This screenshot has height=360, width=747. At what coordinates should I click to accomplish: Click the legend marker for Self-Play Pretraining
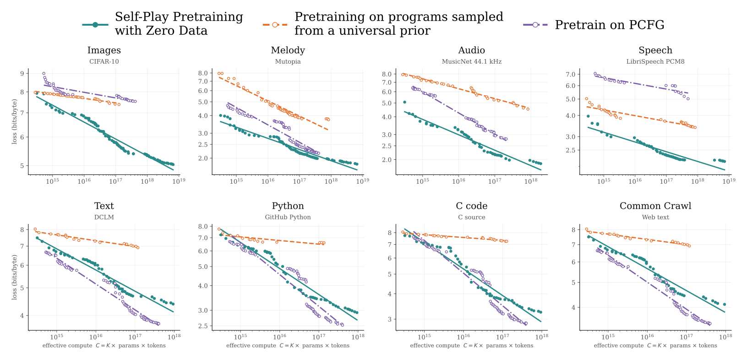point(95,25)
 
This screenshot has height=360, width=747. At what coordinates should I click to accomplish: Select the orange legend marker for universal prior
point(275,25)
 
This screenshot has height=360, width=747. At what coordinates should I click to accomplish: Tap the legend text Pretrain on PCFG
point(610,25)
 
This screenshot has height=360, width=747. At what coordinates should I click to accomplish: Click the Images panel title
point(104,50)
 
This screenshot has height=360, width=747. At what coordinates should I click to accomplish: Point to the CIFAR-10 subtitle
point(104,61)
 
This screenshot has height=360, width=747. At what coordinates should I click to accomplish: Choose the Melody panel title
point(288,50)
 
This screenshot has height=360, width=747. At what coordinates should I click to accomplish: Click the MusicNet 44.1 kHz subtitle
point(472,61)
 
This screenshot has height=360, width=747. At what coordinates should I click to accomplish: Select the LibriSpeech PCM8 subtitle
point(655,61)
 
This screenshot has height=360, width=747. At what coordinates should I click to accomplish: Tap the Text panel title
point(104,206)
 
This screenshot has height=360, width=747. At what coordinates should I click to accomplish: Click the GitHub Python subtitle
point(288,217)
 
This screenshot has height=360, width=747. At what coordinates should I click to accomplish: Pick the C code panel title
point(472,206)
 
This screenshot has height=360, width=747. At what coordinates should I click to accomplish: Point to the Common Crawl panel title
point(655,206)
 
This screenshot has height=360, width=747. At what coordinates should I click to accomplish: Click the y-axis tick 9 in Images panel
point(22,73)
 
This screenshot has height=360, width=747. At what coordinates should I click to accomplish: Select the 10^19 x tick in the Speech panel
point(729,181)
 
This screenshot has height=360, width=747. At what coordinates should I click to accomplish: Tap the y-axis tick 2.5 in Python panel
point(203,326)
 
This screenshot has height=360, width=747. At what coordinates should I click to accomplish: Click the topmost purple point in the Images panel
point(44,73)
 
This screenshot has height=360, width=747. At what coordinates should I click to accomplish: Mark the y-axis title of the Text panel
point(14,277)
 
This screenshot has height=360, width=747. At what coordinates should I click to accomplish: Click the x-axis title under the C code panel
point(472,346)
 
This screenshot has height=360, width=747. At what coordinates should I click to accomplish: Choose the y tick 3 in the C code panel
point(390,319)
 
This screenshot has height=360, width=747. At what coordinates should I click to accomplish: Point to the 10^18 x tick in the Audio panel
point(531,181)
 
